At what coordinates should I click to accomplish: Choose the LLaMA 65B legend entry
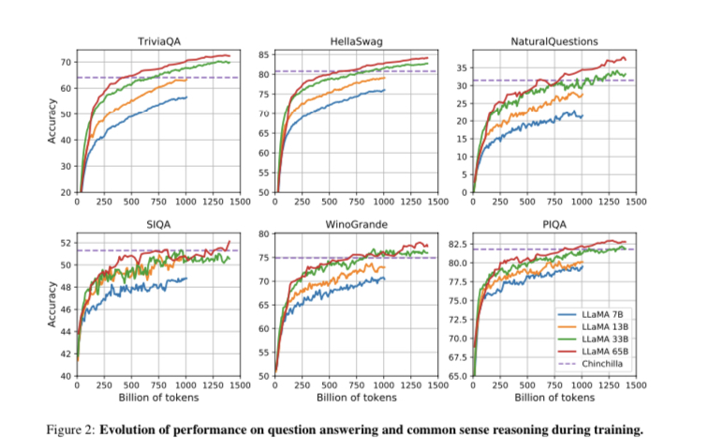pyautogui.click(x=601, y=352)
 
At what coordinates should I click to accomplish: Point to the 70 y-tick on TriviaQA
pyautogui.click(x=66, y=62)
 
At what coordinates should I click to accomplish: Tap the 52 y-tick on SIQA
pyautogui.click(x=66, y=243)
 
